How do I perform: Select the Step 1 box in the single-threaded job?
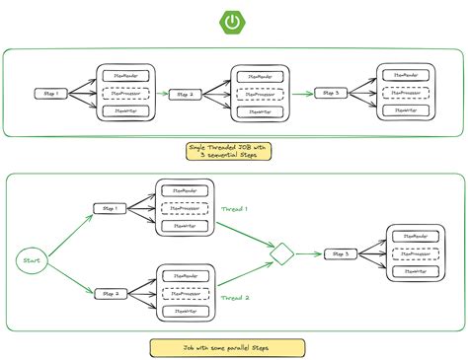pyautogui.click(x=52, y=94)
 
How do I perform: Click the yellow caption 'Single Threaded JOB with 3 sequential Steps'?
pyautogui.click(x=234, y=152)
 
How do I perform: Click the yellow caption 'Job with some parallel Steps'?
pyautogui.click(x=234, y=347)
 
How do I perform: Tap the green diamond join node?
pyautogui.click(x=283, y=254)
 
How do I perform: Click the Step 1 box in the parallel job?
pyautogui.click(x=108, y=209)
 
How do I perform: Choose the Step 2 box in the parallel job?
pyautogui.click(x=108, y=293)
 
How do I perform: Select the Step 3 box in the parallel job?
pyautogui.click(x=341, y=254)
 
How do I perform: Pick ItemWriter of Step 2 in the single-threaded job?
pyautogui.click(x=260, y=113)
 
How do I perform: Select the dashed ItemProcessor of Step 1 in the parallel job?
pyautogui.click(x=185, y=208)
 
